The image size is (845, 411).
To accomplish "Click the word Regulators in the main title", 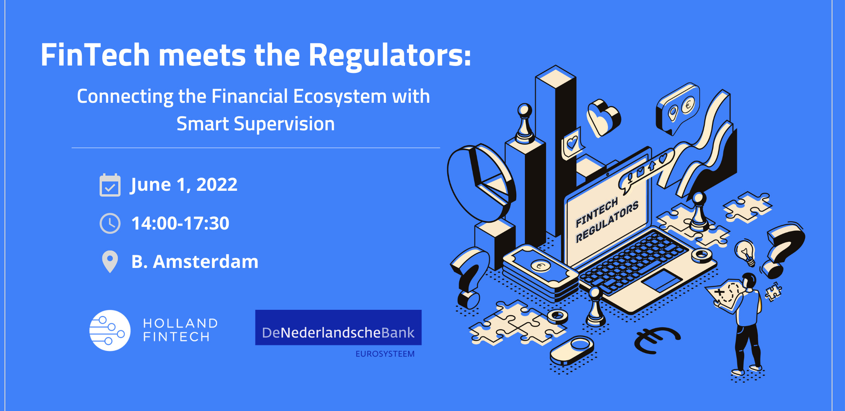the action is coord(390,55).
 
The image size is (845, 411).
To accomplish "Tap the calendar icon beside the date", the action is coord(110,185).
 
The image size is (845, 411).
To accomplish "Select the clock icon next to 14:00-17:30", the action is coord(110,223).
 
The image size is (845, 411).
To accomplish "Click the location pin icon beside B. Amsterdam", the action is coord(110,262).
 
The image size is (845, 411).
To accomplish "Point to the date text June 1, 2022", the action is coord(184,185).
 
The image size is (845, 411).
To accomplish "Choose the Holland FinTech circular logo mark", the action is coord(110,330).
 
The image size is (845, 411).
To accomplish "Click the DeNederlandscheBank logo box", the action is coord(338,327).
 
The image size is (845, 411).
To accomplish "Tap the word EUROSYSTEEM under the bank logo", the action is coord(385,354).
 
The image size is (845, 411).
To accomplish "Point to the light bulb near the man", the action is coord(745,252).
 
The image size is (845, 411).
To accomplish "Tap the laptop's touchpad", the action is coord(662,280).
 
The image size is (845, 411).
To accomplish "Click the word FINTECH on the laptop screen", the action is coord(597,212).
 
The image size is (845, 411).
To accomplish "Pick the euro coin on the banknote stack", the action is coord(540,266).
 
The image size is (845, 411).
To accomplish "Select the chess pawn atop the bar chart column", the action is coord(525,123).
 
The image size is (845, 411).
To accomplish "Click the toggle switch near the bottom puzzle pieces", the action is coord(572,351).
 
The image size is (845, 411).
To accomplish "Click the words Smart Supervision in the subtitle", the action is coord(255,124).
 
